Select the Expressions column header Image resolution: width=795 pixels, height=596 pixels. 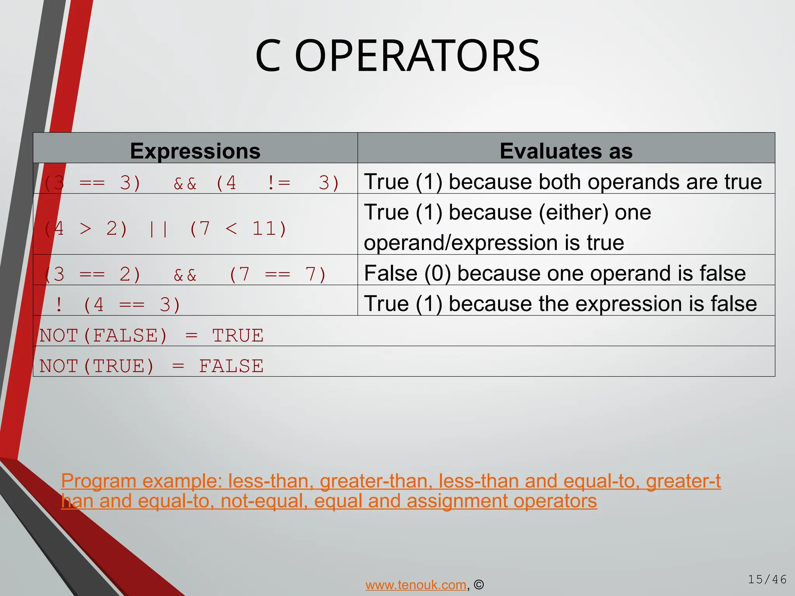195,151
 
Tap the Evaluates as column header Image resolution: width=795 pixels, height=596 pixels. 566,151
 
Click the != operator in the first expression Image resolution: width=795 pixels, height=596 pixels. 279,183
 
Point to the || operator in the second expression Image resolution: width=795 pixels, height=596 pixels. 158,229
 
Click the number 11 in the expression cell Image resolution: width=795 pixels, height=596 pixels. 264,229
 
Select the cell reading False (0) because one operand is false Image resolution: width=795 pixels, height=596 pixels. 555,273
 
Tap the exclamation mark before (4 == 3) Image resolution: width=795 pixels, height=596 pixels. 59,304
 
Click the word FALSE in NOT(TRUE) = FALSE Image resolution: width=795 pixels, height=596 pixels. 231,366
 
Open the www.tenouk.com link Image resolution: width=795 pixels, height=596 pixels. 416,585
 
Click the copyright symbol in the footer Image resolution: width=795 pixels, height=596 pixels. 479,585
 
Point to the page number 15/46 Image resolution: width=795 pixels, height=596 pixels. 767,580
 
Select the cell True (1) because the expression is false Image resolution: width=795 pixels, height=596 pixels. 560,303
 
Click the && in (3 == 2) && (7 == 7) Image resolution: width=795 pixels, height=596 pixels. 185,275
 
